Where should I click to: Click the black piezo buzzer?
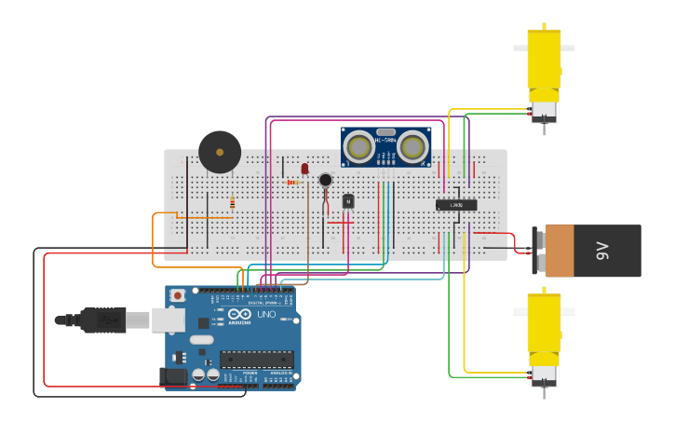pyautogui.click(x=220, y=152)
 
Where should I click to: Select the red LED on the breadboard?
pyautogui.click(x=304, y=169)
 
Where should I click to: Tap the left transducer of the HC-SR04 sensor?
pyautogui.click(x=358, y=145)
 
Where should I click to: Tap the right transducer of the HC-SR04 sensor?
pyautogui.click(x=412, y=145)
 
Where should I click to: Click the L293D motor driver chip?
pyautogui.click(x=456, y=205)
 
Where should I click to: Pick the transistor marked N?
pyautogui.click(x=348, y=200)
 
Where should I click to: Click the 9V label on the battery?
pyautogui.click(x=602, y=251)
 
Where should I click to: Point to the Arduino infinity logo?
pyautogui.click(x=239, y=314)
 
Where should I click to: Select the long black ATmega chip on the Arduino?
pyautogui.click(x=256, y=359)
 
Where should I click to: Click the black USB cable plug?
pyautogui.click(x=102, y=320)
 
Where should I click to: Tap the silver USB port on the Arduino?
pyautogui.click(x=169, y=320)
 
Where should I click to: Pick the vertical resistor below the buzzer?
pyautogui.click(x=232, y=203)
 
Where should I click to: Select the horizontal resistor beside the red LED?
pyautogui.click(x=294, y=183)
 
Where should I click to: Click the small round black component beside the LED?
pyautogui.click(x=325, y=180)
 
